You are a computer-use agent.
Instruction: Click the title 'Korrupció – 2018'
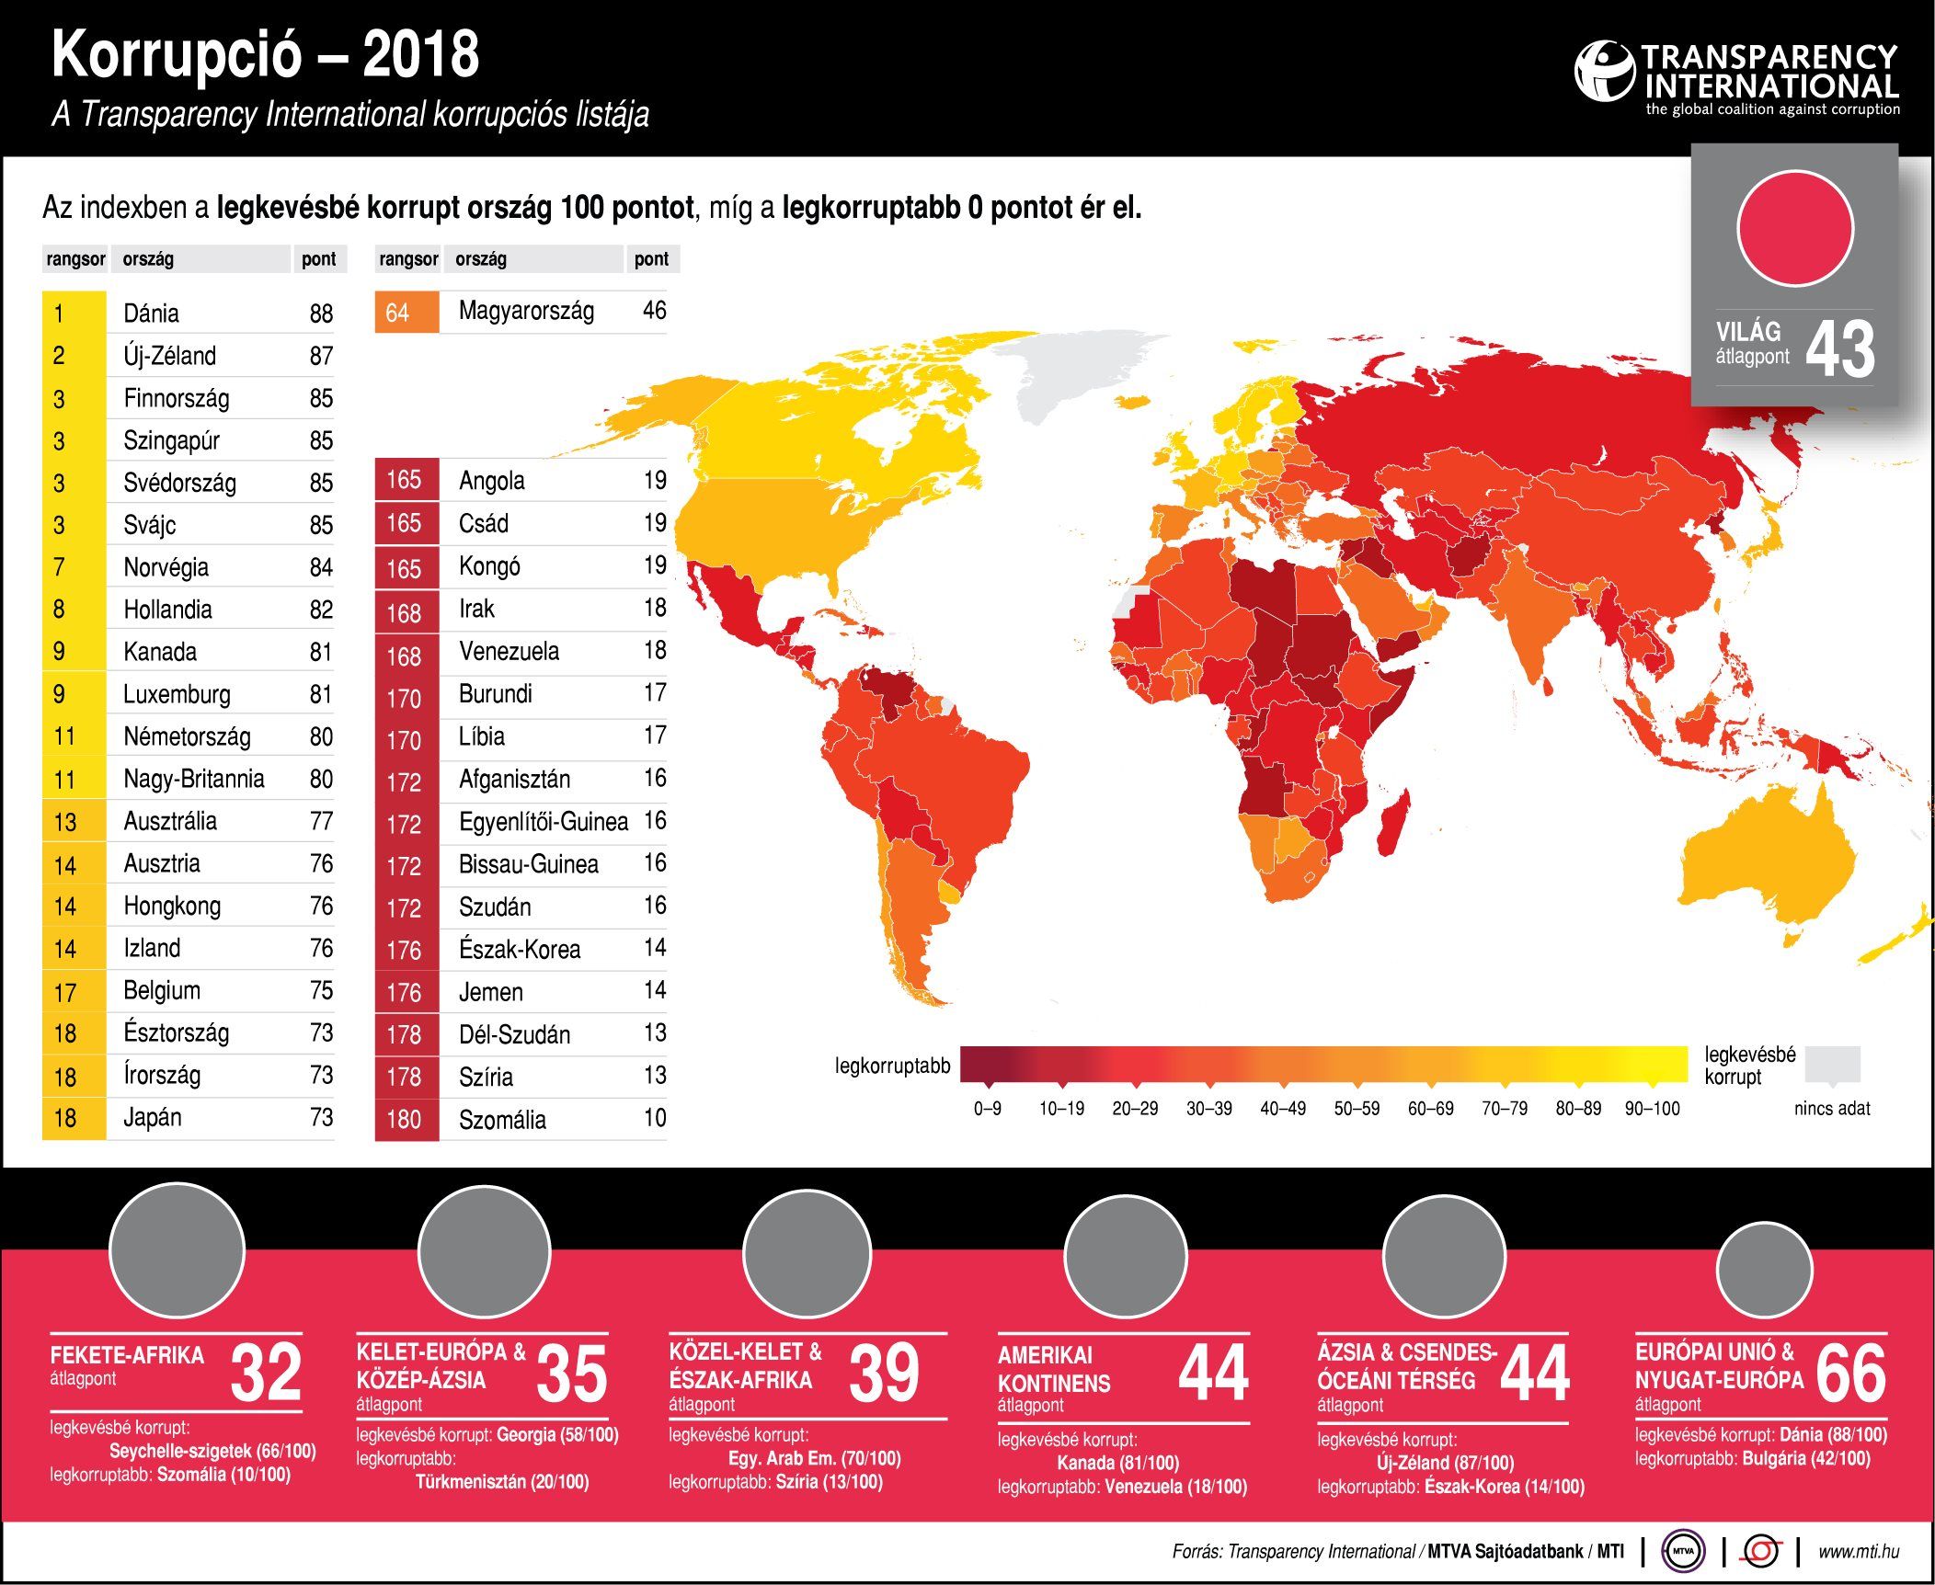click(x=265, y=55)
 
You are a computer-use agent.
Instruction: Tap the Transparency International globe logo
click(x=1604, y=71)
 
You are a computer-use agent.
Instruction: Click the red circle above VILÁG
click(x=1794, y=228)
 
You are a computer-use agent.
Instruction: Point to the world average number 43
click(x=1839, y=349)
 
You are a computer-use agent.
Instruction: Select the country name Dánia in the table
click(x=152, y=314)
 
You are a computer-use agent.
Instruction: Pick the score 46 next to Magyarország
click(x=654, y=311)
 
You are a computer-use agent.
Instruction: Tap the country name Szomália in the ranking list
click(x=502, y=1120)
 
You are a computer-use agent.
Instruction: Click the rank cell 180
click(x=405, y=1120)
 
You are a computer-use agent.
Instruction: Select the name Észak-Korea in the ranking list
click(x=520, y=950)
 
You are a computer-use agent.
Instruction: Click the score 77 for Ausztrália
click(x=321, y=821)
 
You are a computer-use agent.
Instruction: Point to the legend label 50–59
click(x=1357, y=1109)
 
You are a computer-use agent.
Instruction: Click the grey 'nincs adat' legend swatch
click(x=1832, y=1064)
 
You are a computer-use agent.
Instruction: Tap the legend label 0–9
click(x=987, y=1109)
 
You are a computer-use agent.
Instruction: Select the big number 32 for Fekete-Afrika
click(x=266, y=1373)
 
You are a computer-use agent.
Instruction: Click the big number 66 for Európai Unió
click(x=1850, y=1374)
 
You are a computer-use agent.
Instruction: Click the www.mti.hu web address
click(x=1858, y=1552)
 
